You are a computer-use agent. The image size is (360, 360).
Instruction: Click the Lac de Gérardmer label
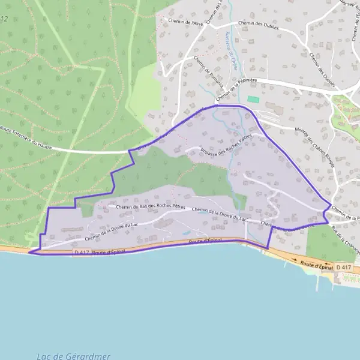tap(73, 356)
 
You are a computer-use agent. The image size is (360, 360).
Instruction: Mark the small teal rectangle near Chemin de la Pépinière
tap(253, 99)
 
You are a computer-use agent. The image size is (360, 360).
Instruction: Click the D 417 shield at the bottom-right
tap(343, 267)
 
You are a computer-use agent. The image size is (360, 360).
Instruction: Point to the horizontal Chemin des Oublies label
tap(259, 24)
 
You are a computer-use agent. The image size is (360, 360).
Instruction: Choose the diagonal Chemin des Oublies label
tap(322, 65)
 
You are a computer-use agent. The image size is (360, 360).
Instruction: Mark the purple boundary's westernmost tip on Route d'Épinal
tap(29, 253)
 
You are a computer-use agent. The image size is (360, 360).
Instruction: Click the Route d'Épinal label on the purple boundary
tap(205, 241)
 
